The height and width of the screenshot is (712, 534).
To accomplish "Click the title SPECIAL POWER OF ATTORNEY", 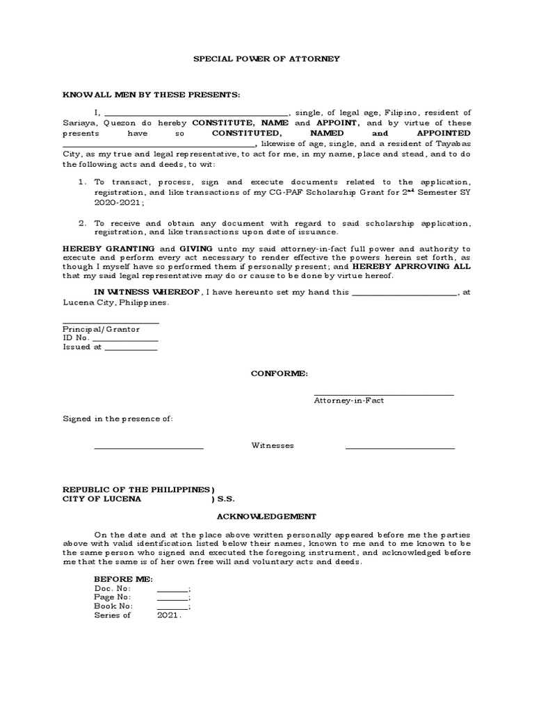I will (x=266, y=59).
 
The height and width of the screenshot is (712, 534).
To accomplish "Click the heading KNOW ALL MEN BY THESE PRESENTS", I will (x=152, y=95).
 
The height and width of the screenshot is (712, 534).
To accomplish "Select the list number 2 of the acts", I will (x=81, y=223).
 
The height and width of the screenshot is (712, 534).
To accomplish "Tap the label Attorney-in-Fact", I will (x=348, y=401).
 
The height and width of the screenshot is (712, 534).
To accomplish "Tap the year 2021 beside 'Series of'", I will (x=169, y=616).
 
